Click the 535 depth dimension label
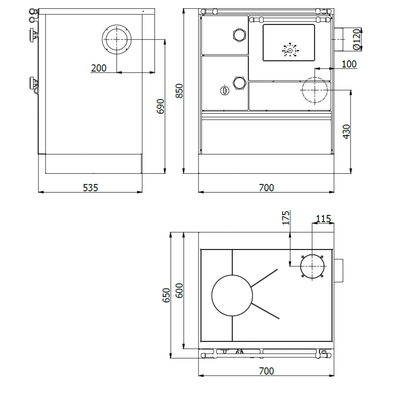pos(90,188)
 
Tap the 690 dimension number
pos(160,106)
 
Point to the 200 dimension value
pos(99,68)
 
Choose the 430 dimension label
pos(346,132)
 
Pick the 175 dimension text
pos(286,217)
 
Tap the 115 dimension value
pos(323,219)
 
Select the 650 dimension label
pos(167,295)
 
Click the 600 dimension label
pos(179,291)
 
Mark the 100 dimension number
pos(349,64)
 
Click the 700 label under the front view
pos(266,188)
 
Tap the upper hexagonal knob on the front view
pos(239,34)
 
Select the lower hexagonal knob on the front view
pos(239,83)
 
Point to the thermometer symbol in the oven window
pos(290,50)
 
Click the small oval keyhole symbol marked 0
pos(225,91)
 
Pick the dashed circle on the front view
pos(315,90)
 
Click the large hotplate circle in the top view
pos(232,295)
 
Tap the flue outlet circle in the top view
pos(312,266)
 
